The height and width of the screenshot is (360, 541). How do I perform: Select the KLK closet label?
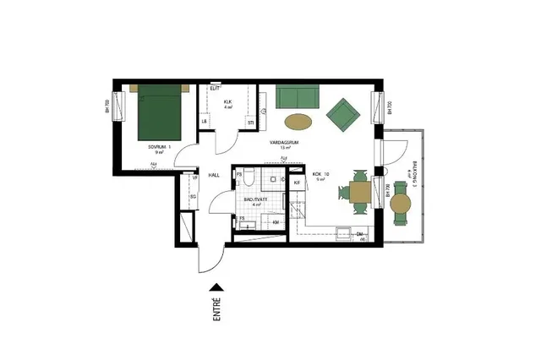tap(227, 101)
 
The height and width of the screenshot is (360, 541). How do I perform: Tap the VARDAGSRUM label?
tap(282, 143)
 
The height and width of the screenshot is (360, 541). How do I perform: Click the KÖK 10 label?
tap(321, 175)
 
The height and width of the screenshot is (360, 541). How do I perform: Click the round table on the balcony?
tap(402, 203)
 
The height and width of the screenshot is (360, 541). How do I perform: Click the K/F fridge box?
tap(298, 183)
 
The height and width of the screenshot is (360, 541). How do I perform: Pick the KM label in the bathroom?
tap(276, 222)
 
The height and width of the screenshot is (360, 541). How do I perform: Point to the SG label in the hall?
tap(193, 197)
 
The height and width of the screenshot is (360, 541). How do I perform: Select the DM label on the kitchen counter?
tap(359, 233)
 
